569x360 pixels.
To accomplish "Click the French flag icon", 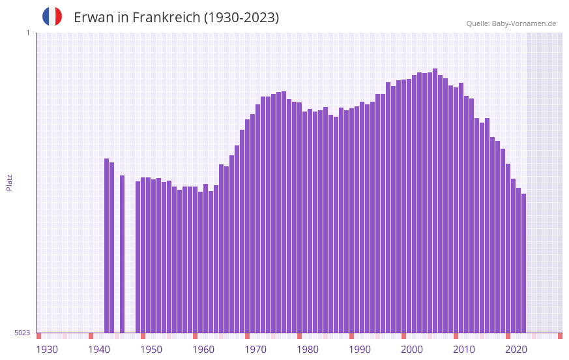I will [x=52, y=16].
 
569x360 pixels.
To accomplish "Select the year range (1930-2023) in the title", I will [x=241, y=18].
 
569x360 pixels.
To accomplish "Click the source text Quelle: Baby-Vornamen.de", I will [x=511, y=23].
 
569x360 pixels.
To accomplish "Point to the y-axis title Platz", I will [x=9, y=182].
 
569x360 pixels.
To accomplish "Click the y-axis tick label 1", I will [x=27, y=33].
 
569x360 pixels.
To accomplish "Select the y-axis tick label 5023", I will [x=22, y=333].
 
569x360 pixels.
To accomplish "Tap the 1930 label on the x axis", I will [x=47, y=350].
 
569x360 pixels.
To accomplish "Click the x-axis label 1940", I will [x=99, y=350].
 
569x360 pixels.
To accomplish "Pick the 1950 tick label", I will [x=151, y=350].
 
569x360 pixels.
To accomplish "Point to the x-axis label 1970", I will [x=255, y=350].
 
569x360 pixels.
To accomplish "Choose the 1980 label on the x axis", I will [x=308, y=350].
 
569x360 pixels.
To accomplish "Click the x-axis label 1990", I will [x=360, y=350].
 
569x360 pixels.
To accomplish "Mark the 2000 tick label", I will [x=412, y=350].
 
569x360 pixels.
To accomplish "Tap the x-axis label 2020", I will [x=516, y=350].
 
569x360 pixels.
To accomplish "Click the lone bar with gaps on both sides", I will [x=122, y=254].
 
